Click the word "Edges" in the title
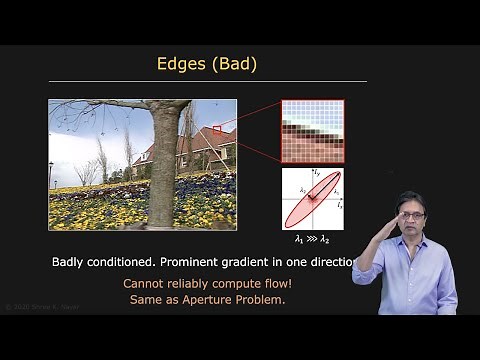[182, 64]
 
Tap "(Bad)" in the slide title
[234, 64]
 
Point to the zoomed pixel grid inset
[312, 130]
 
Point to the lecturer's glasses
[411, 214]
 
